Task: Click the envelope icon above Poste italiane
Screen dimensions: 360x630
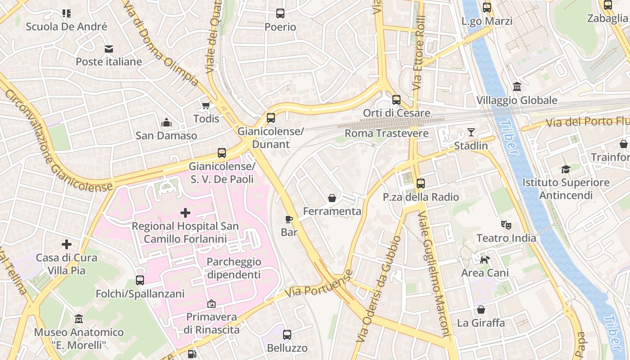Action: click(x=109, y=49)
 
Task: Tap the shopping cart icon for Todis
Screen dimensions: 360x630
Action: click(x=206, y=106)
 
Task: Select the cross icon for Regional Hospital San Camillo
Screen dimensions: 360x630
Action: click(x=185, y=212)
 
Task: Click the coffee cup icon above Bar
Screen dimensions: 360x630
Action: click(x=289, y=219)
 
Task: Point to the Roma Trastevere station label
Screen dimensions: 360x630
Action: click(x=386, y=133)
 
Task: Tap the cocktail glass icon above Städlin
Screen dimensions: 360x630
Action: click(x=471, y=132)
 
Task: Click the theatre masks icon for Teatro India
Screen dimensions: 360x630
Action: click(x=506, y=225)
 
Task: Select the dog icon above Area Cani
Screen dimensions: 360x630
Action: click(x=485, y=260)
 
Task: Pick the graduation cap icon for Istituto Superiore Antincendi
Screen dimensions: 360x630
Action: click(x=566, y=169)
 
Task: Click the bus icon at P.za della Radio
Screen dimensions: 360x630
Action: click(x=421, y=184)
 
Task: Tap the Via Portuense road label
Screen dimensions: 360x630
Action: click(x=319, y=284)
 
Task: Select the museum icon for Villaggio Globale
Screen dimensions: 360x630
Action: click(x=517, y=87)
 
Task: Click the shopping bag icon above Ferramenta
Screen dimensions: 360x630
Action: click(x=332, y=198)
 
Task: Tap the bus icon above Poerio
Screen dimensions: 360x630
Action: click(x=280, y=13)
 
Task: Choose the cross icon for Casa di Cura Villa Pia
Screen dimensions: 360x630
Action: click(x=67, y=244)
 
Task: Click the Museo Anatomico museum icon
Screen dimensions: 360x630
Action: click(x=79, y=319)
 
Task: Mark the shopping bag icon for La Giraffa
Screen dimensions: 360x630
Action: click(x=481, y=310)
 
